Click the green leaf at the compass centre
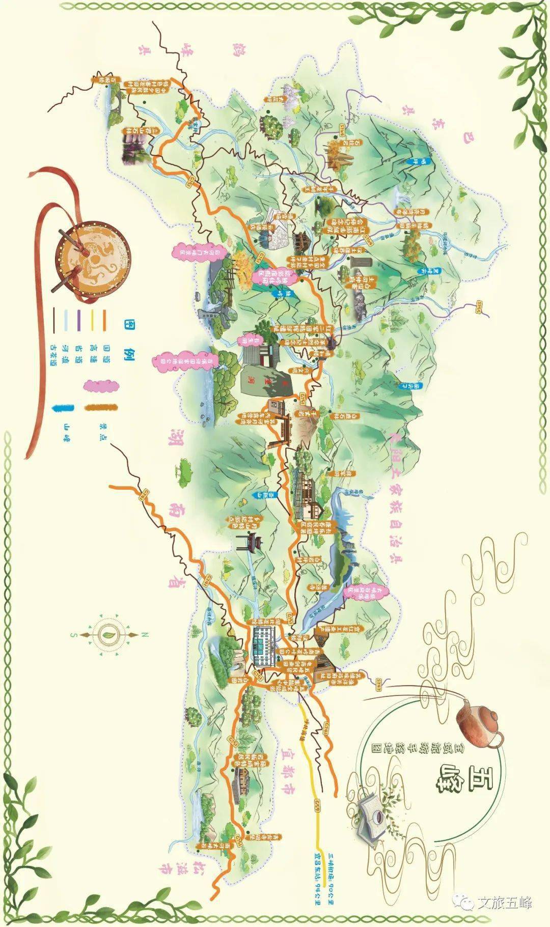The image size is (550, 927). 108,635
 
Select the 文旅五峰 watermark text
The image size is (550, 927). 504,904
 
